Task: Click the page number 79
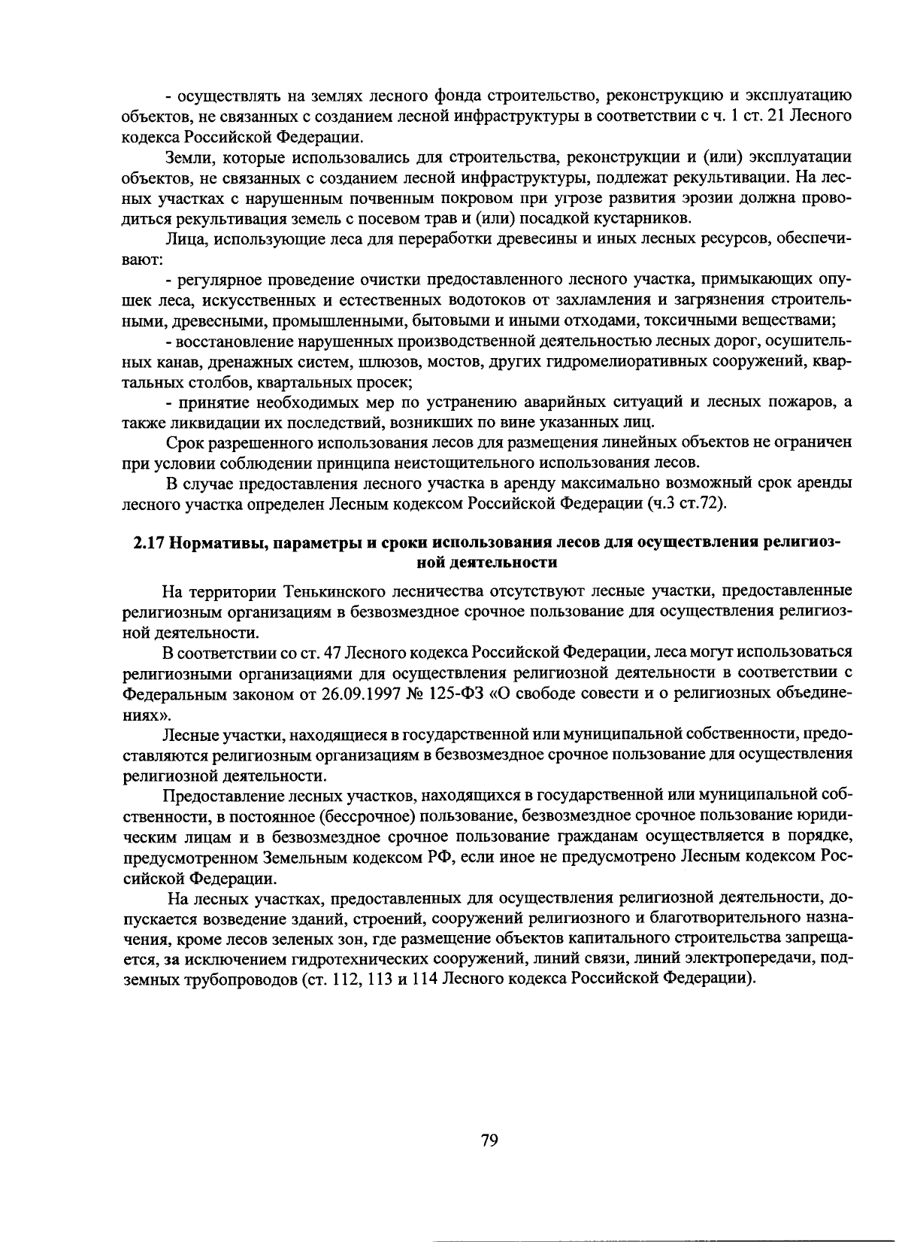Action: (x=489, y=1140)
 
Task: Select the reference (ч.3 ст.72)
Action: (x=686, y=503)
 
